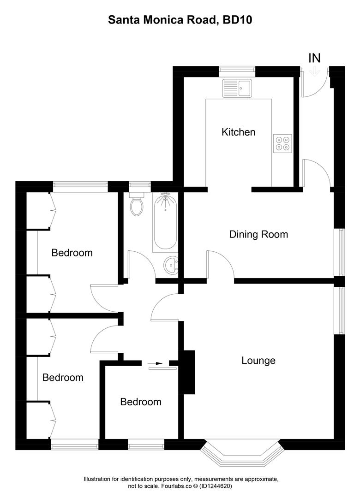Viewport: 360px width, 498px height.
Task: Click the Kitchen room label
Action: pyautogui.click(x=238, y=132)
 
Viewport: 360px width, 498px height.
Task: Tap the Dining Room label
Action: pyautogui.click(x=258, y=234)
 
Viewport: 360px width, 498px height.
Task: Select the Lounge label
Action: pyautogui.click(x=258, y=361)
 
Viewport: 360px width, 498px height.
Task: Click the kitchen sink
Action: pyautogui.click(x=237, y=88)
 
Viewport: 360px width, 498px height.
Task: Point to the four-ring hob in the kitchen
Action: pyautogui.click(x=282, y=143)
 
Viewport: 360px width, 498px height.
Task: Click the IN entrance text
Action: pyautogui.click(x=314, y=58)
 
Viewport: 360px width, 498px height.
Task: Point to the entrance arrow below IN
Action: pyautogui.click(x=315, y=71)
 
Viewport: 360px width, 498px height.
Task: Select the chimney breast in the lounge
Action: pyautogui.click(x=189, y=372)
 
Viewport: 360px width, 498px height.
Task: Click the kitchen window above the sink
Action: pyautogui.click(x=237, y=70)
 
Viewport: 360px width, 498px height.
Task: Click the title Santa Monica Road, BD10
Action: pyautogui.click(x=180, y=20)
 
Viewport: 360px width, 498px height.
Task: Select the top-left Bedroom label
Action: pyautogui.click(x=72, y=253)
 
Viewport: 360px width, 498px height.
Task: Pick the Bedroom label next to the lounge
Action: pyautogui.click(x=141, y=402)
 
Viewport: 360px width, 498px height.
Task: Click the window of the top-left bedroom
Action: pyautogui.click(x=80, y=186)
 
